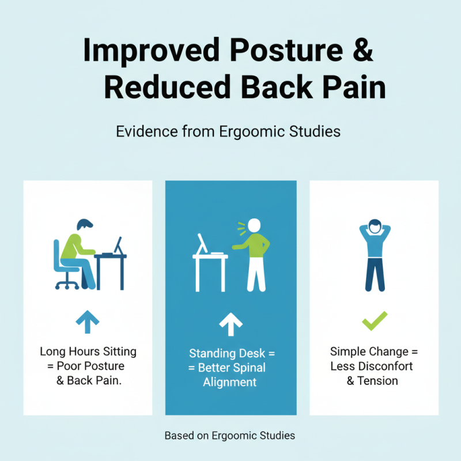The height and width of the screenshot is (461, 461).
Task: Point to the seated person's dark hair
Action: coord(85,224)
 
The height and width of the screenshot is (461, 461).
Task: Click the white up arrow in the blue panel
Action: coord(231,324)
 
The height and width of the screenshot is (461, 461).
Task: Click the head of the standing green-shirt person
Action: coord(254,226)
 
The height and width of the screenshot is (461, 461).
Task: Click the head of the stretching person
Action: coord(375,226)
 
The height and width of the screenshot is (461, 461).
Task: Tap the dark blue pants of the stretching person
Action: coord(375,274)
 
